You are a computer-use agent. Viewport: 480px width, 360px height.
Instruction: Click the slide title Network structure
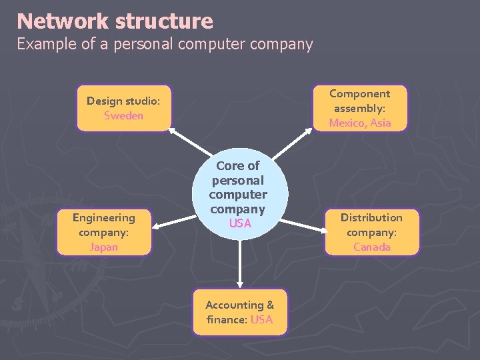tap(115, 21)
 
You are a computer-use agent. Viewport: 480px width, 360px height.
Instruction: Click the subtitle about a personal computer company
tap(164, 45)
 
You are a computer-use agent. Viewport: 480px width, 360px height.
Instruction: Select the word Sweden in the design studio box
tap(123, 116)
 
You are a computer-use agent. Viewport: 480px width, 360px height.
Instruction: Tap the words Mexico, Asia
tap(360, 123)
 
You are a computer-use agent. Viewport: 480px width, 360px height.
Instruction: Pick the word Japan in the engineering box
tap(103, 247)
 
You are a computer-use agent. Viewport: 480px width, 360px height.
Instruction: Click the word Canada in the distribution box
tap(371, 247)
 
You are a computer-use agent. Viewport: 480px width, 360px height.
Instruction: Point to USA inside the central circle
tap(239, 223)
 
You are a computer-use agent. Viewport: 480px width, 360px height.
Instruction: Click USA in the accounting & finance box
tap(261, 319)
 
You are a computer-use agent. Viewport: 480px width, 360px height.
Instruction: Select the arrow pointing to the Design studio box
tap(190, 144)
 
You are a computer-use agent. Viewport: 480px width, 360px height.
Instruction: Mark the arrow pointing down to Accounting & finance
tap(240, 260)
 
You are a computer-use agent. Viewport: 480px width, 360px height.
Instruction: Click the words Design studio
tap(123, 101)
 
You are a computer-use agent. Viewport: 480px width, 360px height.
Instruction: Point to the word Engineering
tap(103, 217)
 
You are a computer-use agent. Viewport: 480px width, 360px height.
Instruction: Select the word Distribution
tap(371, 217)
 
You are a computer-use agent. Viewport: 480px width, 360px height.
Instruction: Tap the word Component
tap(359, 93)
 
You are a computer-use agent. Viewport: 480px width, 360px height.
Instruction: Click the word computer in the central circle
tap(238, 195)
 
